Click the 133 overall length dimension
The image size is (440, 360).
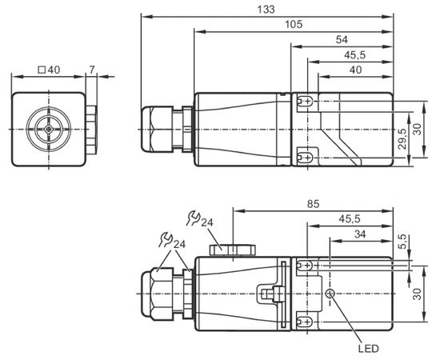(266, 10)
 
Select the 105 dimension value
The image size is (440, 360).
(294, 25)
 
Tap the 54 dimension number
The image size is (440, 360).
(342, 40)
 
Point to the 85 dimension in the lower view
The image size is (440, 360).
(313, 204)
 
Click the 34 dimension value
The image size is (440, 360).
(360, 234)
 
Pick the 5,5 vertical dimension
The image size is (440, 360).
(402, 242)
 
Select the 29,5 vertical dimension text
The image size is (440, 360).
(402, 138)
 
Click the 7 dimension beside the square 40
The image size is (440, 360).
(92, 70)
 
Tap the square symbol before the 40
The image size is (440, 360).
(42, 70)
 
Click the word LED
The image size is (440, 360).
(369, 349)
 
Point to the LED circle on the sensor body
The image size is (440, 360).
(330, 294)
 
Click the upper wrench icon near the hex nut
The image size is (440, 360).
(194, 218)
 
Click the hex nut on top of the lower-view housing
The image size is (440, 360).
(233, 250)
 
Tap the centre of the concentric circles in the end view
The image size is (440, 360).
(49, 129)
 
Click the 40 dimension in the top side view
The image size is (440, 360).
(355, 70)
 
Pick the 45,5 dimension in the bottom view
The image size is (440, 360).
(350, 219)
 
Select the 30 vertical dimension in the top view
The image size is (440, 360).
(418, 129)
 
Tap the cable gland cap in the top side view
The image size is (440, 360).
(156, 130)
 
